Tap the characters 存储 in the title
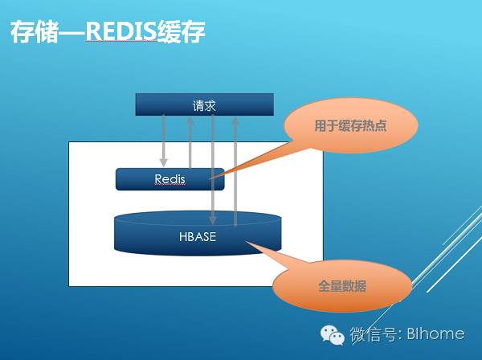coord(31,32)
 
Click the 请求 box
coord(204,104)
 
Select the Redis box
coord(170,178)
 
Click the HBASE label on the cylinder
coord(198,237)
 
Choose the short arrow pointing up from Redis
coord(190,141)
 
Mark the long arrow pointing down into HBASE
coord(213,169)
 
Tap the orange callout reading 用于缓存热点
coord(351,125)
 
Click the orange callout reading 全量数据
coord(341,285)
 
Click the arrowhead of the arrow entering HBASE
coord(213,219)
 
